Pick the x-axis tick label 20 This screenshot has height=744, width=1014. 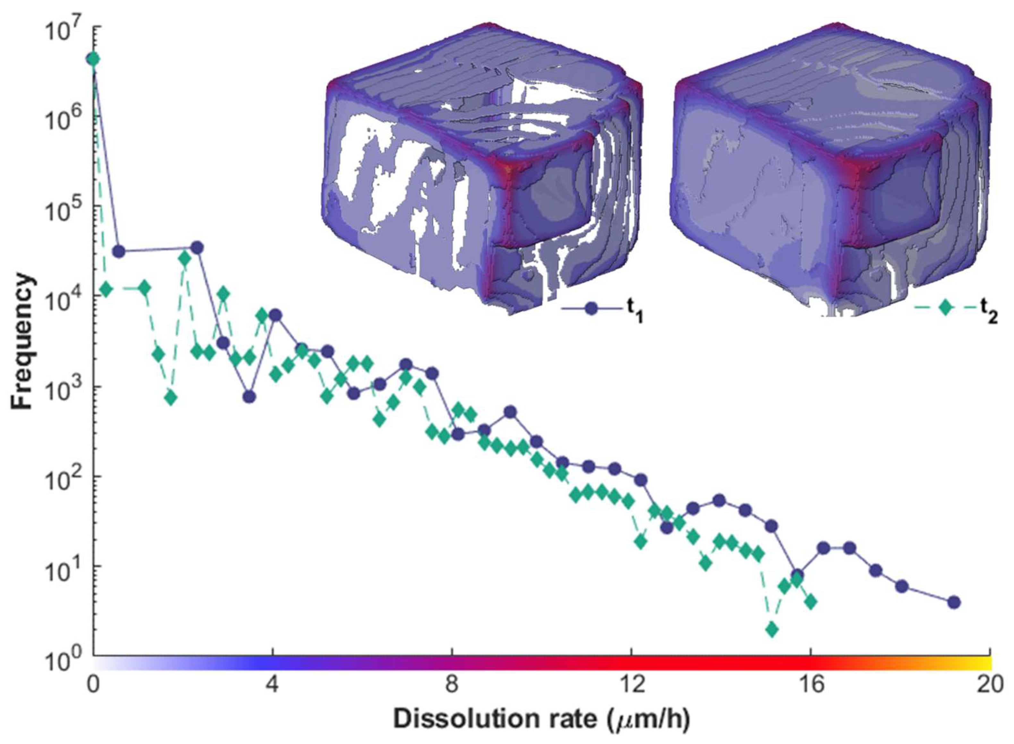click(989, 685)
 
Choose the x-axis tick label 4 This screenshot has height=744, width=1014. click(272, 685)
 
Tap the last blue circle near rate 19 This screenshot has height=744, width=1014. click(954, 603)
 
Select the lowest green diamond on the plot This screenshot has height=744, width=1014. click(772, 629)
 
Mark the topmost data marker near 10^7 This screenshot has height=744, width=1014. click(93, 59)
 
